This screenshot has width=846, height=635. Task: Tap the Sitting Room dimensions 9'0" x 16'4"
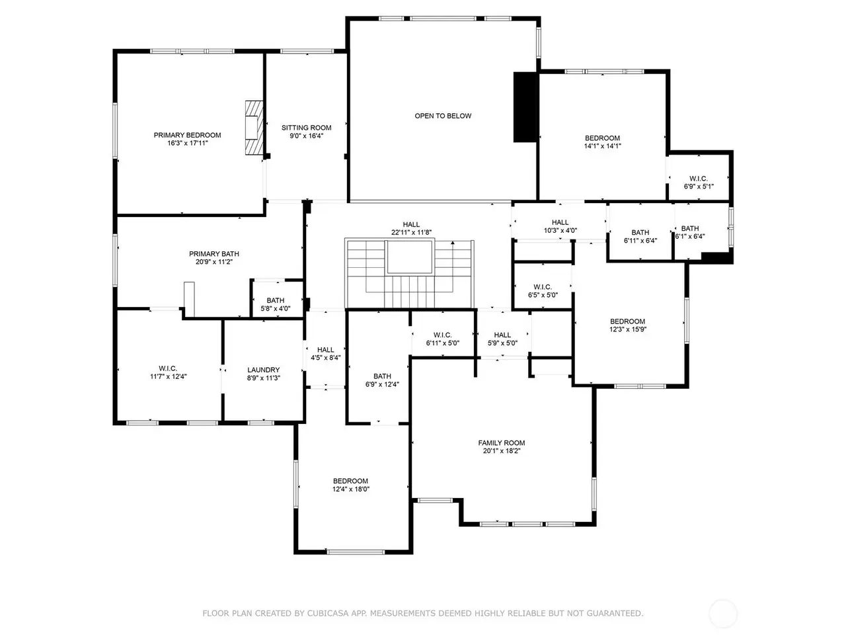tap(307, 136)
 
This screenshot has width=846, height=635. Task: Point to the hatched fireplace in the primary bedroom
tap(254, 128)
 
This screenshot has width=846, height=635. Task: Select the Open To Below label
tap(443, 116)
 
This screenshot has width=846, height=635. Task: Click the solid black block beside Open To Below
tap(525, 107)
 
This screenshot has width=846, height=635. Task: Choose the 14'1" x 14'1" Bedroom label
tap(602, 142)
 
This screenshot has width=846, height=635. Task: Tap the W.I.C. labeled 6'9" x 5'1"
tap(699, 183)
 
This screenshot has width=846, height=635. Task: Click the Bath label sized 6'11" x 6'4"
tap(640, 236)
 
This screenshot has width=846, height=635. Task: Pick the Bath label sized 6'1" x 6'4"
tap(690, 232)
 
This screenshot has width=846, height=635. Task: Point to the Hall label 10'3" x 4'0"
tap(560, 226)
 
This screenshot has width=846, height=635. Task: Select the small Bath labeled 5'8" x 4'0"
tap(275, 304)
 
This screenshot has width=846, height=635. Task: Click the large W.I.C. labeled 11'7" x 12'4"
tap(168, 372)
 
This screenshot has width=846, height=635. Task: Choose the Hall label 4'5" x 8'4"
tap(326, 353)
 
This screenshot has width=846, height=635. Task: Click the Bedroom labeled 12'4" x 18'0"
tap(351, 485)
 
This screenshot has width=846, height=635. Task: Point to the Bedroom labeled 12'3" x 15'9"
tap(627, 325)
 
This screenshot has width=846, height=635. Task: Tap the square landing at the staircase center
tap(409, 257)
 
